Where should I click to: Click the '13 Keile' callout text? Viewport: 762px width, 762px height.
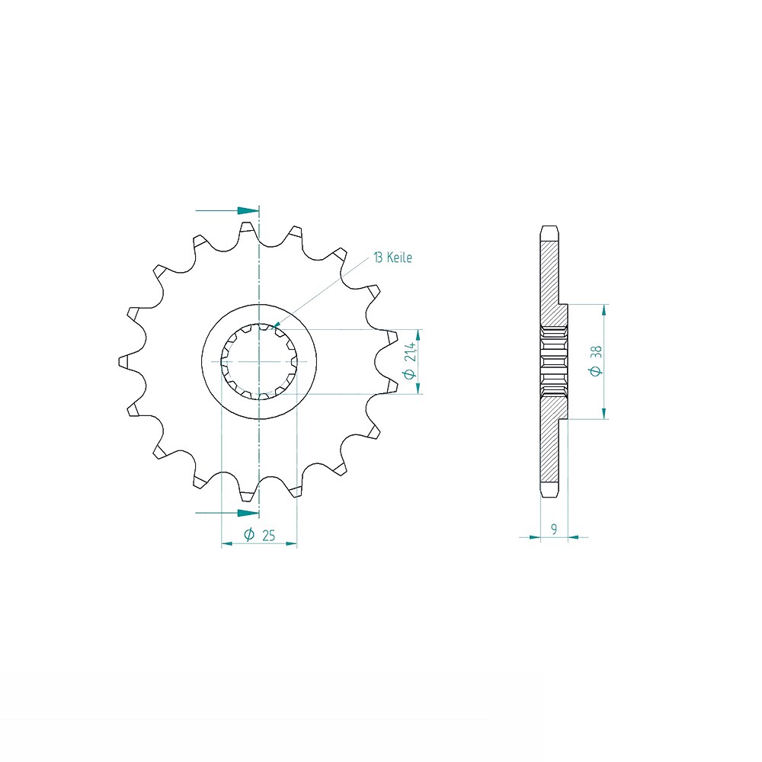pos(392,258)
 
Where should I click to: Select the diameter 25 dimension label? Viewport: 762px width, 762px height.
pos(260,535)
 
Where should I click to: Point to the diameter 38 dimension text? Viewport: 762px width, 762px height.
pos(596,360)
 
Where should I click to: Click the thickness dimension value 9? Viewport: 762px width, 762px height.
pos(554,529)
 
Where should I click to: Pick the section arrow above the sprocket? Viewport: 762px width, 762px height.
pos(227,210)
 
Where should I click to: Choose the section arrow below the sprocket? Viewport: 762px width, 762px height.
pos(227,513)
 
